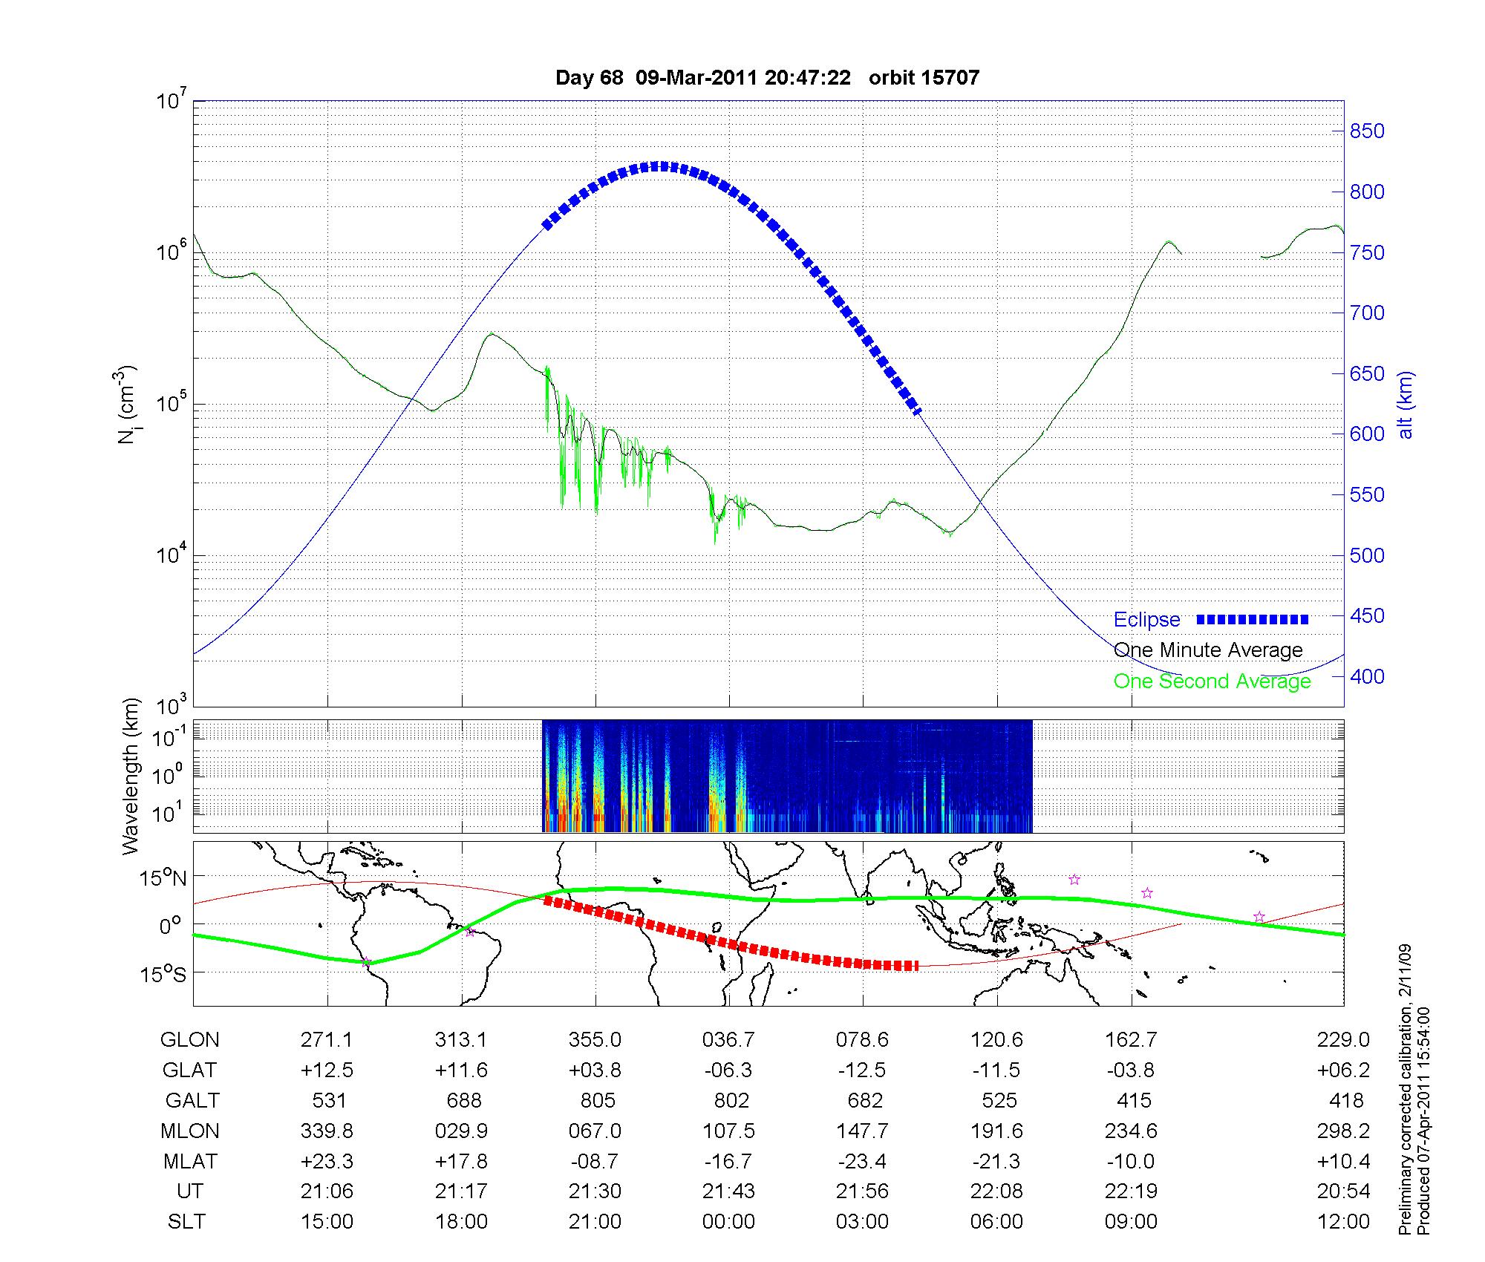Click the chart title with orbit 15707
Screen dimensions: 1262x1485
pyautogui.click(x=767, y=77)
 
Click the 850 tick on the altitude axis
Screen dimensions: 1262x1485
pyautogui.click(x=1367, y=131)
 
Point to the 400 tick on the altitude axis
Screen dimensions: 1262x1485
pyautogui.click(x=1367, y=676)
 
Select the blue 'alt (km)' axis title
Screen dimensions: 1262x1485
pyautogui.click(x=1406, y=405)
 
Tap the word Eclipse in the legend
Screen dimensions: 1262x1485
pyautogui.click(x=1146, y=619)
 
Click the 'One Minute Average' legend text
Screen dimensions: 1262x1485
pyautogui.click(x=1208, y=650)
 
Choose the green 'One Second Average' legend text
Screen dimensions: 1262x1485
pyautogui.click(x=1212, y=681)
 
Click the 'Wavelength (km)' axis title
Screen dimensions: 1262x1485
pyautogui.click(x=131, y=776)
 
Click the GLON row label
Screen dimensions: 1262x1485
pyautogui.click(x=189, y=1039)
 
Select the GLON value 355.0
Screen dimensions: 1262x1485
pyautogui.click(x=595, y=1039)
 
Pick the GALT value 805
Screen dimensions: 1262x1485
pyautogui.click(x=598, y=1100)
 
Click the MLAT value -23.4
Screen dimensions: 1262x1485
pyautogui.click(x=862, y=1161)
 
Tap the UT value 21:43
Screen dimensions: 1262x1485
pyautogui.click(x=728, y=1191)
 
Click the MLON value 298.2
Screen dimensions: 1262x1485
pyautogui.click(x=1345, y=1131)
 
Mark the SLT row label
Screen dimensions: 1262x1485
pyautogui.click(x=186, y=1222)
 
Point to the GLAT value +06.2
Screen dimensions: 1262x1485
pyautogui.click(x=1345, y=1070)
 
